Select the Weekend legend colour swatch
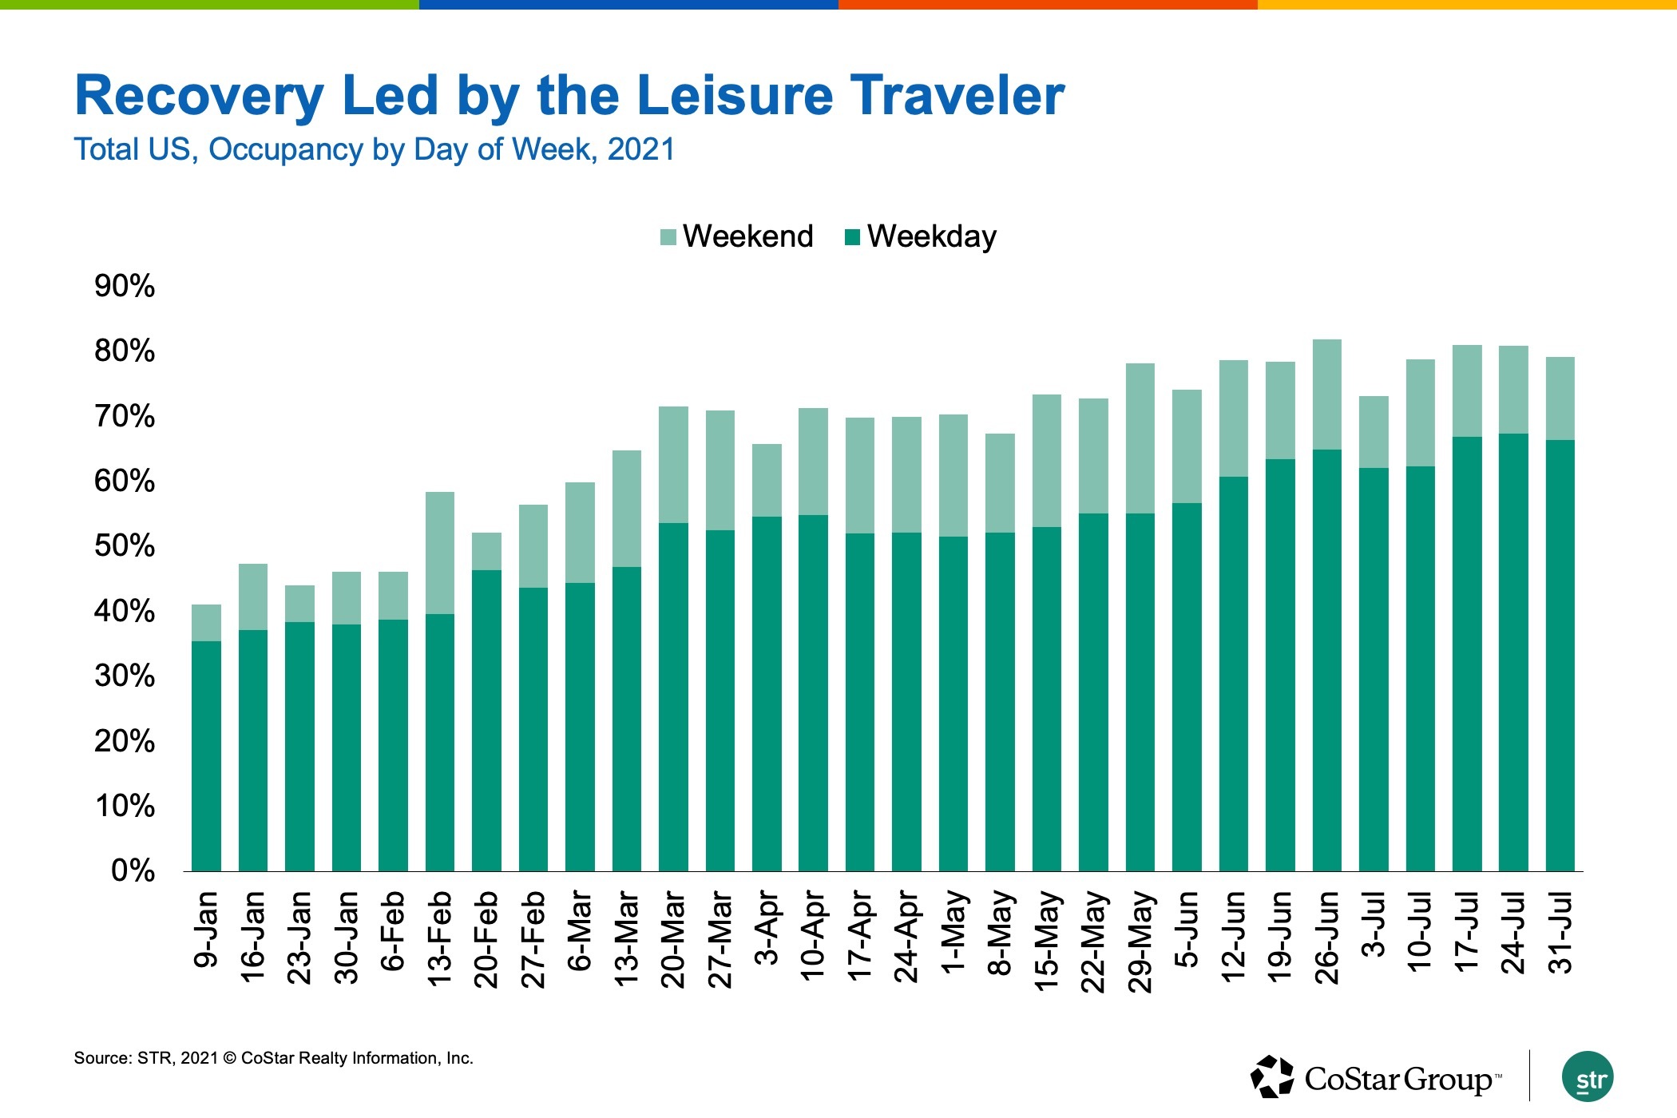(668, 237)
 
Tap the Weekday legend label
(931, 236)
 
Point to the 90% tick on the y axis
(125, 286)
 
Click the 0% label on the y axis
(133, 870)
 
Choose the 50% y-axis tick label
(125, 546)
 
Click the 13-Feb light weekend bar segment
(440, 553)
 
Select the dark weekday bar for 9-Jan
(206, 755)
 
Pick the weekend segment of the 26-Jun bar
(1326, 394)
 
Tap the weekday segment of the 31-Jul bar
(1560, 655)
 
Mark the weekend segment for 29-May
(1140, 438)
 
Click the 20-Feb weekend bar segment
(486, 551)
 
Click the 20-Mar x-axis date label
(673, 941)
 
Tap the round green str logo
(1588, 1076)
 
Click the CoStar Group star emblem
(1272, 1076)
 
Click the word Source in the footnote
(102, 1058)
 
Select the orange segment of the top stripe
(1048, 5)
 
